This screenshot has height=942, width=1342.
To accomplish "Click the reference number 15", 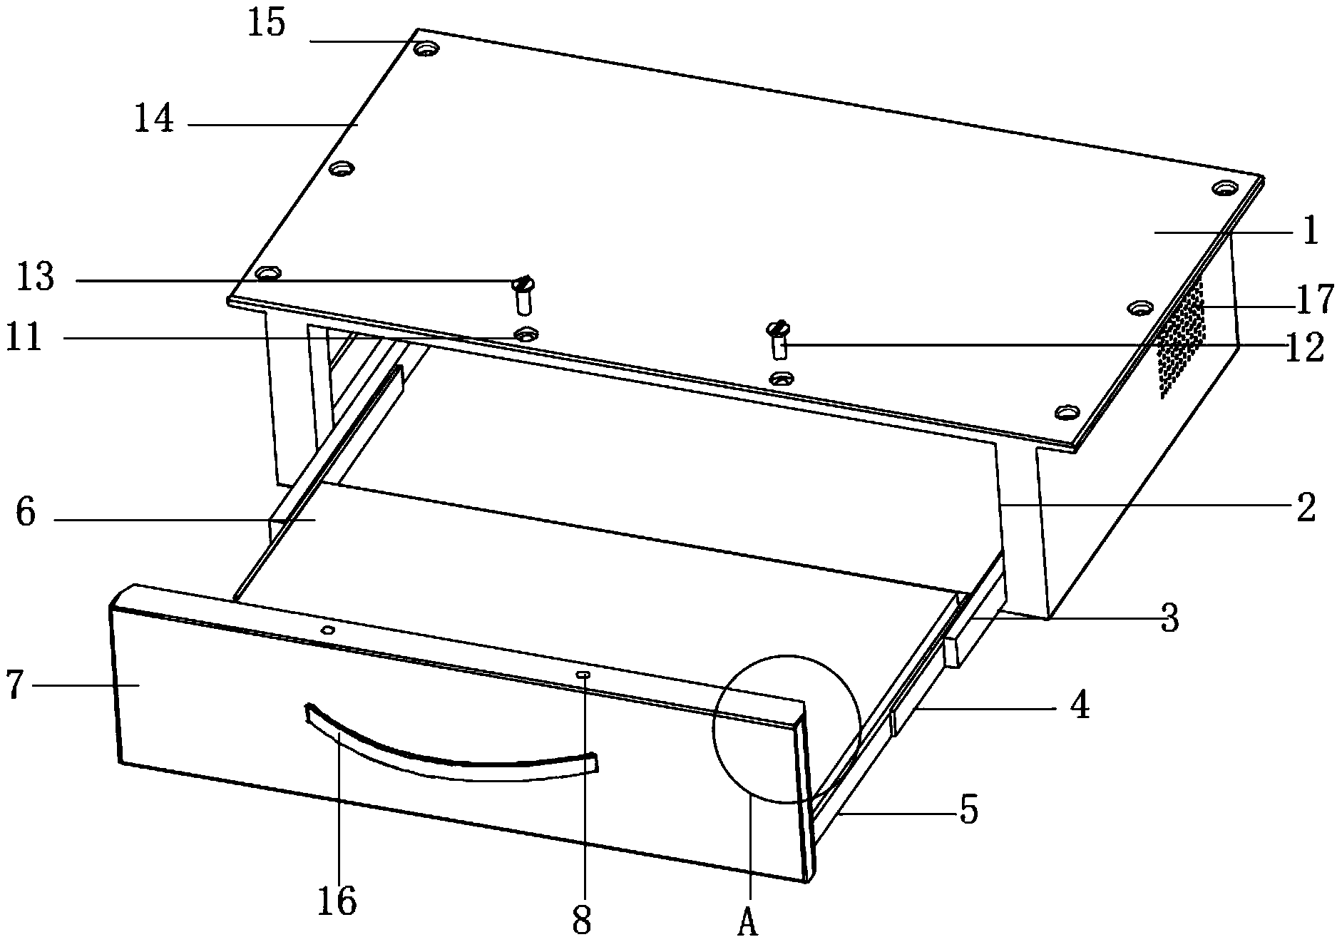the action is pos(267,24).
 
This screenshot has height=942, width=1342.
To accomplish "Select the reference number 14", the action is pos(154,118).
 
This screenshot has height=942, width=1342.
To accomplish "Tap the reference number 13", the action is pos(36,277).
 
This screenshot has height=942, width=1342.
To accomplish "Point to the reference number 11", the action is pos(24,337).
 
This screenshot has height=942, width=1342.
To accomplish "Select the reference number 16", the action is pos(337,901).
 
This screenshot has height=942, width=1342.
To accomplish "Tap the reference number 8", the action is pos(583,921).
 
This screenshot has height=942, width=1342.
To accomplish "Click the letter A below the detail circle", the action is pos(747,923).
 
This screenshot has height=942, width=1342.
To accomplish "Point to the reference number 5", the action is pos(968,809).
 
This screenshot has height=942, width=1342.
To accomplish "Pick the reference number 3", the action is pos(1169,618).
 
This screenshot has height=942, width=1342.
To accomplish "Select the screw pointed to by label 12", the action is pos(778,339).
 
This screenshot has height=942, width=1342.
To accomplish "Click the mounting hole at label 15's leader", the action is pos(426,49).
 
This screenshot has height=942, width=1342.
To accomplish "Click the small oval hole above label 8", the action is pos(583,673).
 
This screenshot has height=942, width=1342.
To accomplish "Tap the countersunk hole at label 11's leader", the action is pos(526,333).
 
